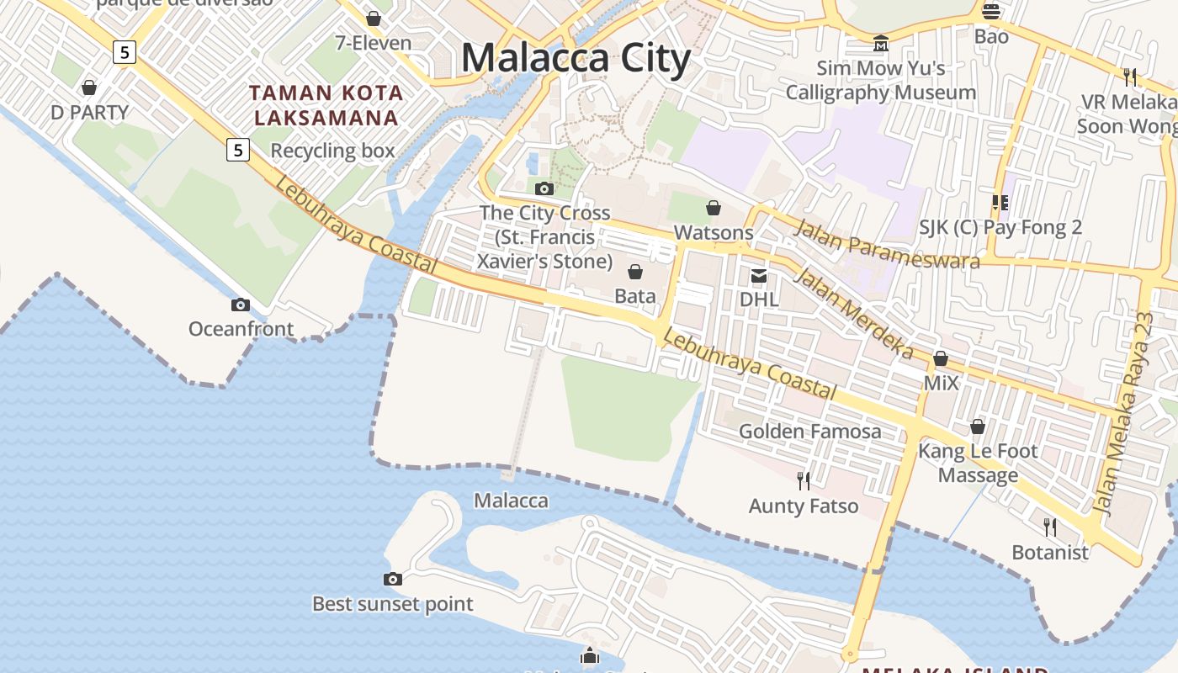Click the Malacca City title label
tap(576, 58)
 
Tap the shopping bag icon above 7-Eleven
tap(374, 18)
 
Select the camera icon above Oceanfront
tap(241, 305)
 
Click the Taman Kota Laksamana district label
tap(326, 105)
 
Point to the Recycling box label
tap(332, 151)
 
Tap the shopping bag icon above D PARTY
tap(89, 87)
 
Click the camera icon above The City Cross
tap(544, 188)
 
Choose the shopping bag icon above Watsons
tap(714, 207)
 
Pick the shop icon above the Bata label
tap(635, 272)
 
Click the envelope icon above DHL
tap(759, 275)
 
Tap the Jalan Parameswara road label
tap(887, 243)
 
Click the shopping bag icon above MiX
tap(941, 359)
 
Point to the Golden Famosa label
tap(810, 432)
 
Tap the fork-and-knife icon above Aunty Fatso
tap(804, 481)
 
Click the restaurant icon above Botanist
tap(1050, 527)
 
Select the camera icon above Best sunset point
tap(392, 579)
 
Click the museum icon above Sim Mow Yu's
tap(881, 43)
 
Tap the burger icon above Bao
tap(991, 12)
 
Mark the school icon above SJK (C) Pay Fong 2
tap(1000, 202)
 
